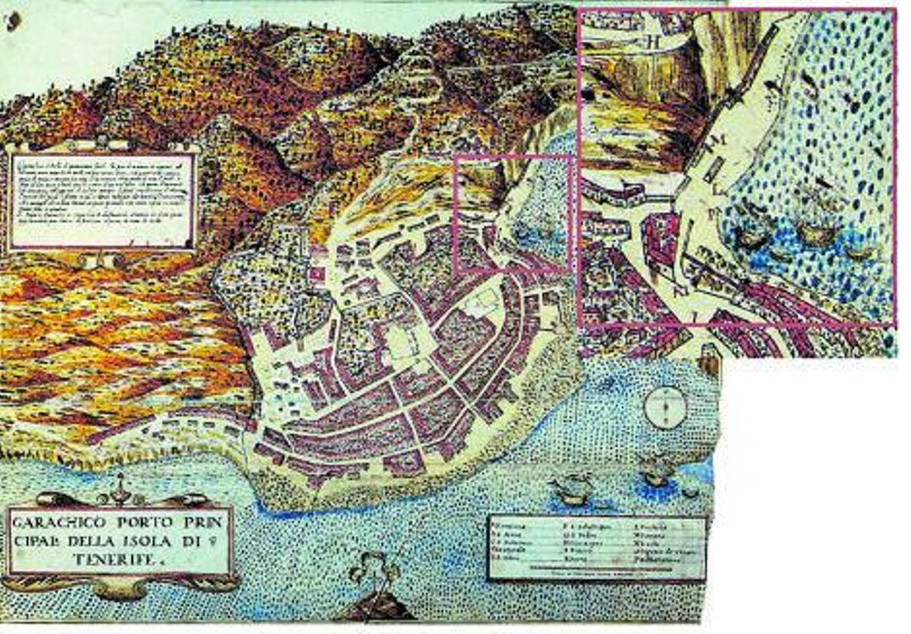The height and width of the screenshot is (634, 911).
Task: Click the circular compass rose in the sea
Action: pyautogui.click(x=665, y=407)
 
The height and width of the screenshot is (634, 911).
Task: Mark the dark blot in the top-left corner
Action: pyautogui.click(x=12, y=23)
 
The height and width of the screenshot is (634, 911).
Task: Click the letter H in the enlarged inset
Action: pyautogui.click(x=651, y=42)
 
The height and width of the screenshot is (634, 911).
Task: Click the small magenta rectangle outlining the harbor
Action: pyautogui.click(x=512, y=213)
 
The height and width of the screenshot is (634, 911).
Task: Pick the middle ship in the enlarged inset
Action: pyautogui.click(x=816, y=228)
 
